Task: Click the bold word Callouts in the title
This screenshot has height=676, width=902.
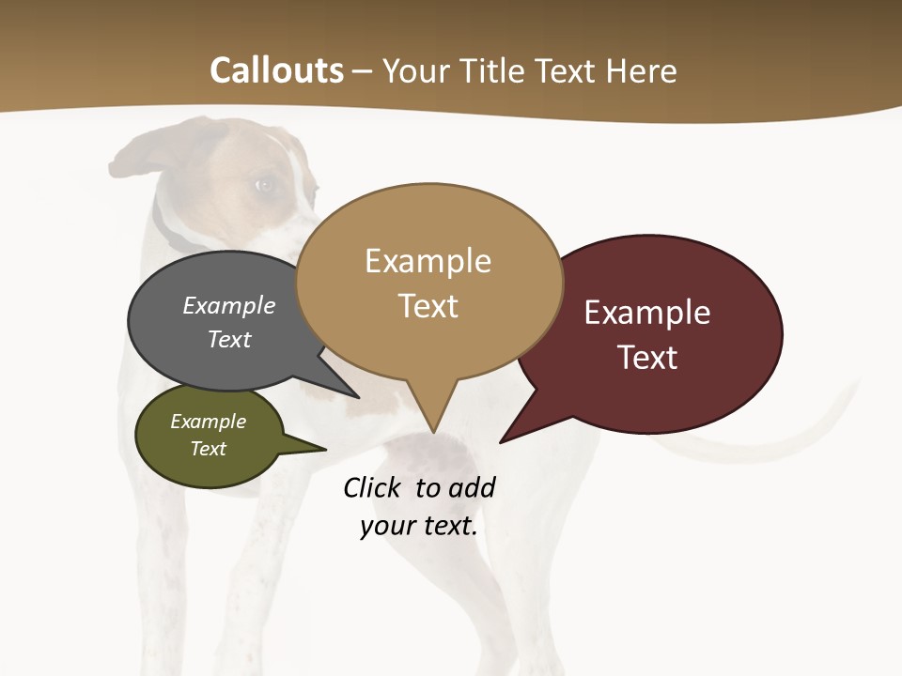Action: [x=276, y=70]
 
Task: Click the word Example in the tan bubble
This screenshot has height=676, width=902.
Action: [x=428, y=261]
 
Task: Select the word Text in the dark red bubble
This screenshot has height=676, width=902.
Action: [x=647, y=358]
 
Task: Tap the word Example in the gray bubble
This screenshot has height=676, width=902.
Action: [x=229, y=306]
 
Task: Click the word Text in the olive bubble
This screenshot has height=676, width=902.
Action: [x=209, y=449]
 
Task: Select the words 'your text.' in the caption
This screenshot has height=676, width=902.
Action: [x=419, y=527]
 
